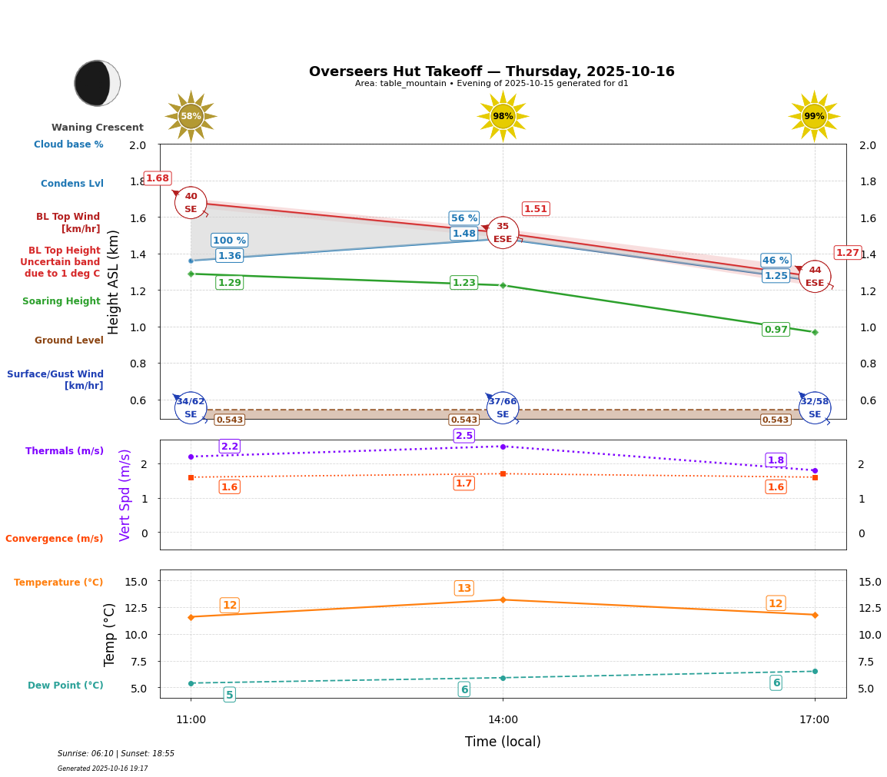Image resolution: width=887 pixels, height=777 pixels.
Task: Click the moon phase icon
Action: pos(97,83)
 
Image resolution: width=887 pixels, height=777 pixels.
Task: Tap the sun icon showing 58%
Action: pos(191,116)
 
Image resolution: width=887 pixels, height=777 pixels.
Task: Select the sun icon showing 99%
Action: pos(814,116)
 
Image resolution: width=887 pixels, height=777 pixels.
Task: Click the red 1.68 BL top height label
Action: pos(158,178)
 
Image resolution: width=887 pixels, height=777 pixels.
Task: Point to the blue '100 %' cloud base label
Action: pos(229,241)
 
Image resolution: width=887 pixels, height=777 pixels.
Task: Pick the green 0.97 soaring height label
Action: pos(776,330)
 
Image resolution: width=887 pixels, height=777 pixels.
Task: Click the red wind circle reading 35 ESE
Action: pos(503,232)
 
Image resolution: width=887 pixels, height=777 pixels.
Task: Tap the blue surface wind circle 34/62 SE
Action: pos(191,407)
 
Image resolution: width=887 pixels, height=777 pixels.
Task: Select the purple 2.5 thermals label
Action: pos(464,436)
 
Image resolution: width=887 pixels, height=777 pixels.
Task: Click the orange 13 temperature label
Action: pos(464,589)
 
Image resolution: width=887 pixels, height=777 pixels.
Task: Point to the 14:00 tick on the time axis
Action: pos(503,720)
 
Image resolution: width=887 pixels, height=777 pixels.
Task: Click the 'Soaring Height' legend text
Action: pos(61,301)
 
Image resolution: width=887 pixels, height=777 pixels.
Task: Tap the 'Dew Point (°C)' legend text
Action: pos(65,686)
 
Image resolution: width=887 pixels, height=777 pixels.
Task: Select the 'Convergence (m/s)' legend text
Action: pos(55,539)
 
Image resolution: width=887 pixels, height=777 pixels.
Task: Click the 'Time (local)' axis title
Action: pos(503,742)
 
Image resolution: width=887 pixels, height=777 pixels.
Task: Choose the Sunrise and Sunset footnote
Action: pos(116,754)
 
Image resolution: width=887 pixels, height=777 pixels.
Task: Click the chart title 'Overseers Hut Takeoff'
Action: pos(492,71)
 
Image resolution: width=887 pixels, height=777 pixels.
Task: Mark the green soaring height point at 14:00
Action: pos(503,285)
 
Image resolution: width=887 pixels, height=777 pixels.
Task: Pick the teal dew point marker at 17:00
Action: pos(815,671)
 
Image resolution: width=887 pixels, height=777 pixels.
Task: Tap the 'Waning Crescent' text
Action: pos(98,128)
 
